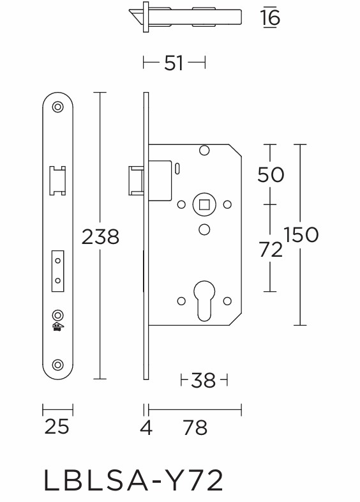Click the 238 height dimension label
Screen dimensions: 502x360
[x=100, y=237]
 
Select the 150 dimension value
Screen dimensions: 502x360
[x=301, y=235]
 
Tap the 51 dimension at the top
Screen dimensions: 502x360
[x=174, y=63]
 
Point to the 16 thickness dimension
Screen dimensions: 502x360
[x=271, y=18]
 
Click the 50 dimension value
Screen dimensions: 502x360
[x=271, y=174]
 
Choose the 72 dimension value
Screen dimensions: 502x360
[x=271, y=250]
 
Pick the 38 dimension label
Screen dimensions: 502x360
[x=204, y=381]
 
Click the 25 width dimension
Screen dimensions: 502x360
[x=57, y=426]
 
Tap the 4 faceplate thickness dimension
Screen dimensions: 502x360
[x=146, y=427]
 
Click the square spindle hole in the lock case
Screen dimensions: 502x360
[x=204, y=204]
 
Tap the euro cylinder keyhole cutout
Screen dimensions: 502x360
[x=204, y=299]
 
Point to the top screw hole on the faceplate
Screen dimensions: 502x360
[x=58, y=107]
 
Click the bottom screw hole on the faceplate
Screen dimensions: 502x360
[x=58, y=365]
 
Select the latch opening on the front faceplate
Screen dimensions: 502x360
[x=58, y=179]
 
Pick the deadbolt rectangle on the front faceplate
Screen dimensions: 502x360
[x=58, y=270]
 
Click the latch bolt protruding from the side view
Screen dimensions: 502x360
[x=135, y=179]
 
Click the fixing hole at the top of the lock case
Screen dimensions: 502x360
[x=204, y=151]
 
